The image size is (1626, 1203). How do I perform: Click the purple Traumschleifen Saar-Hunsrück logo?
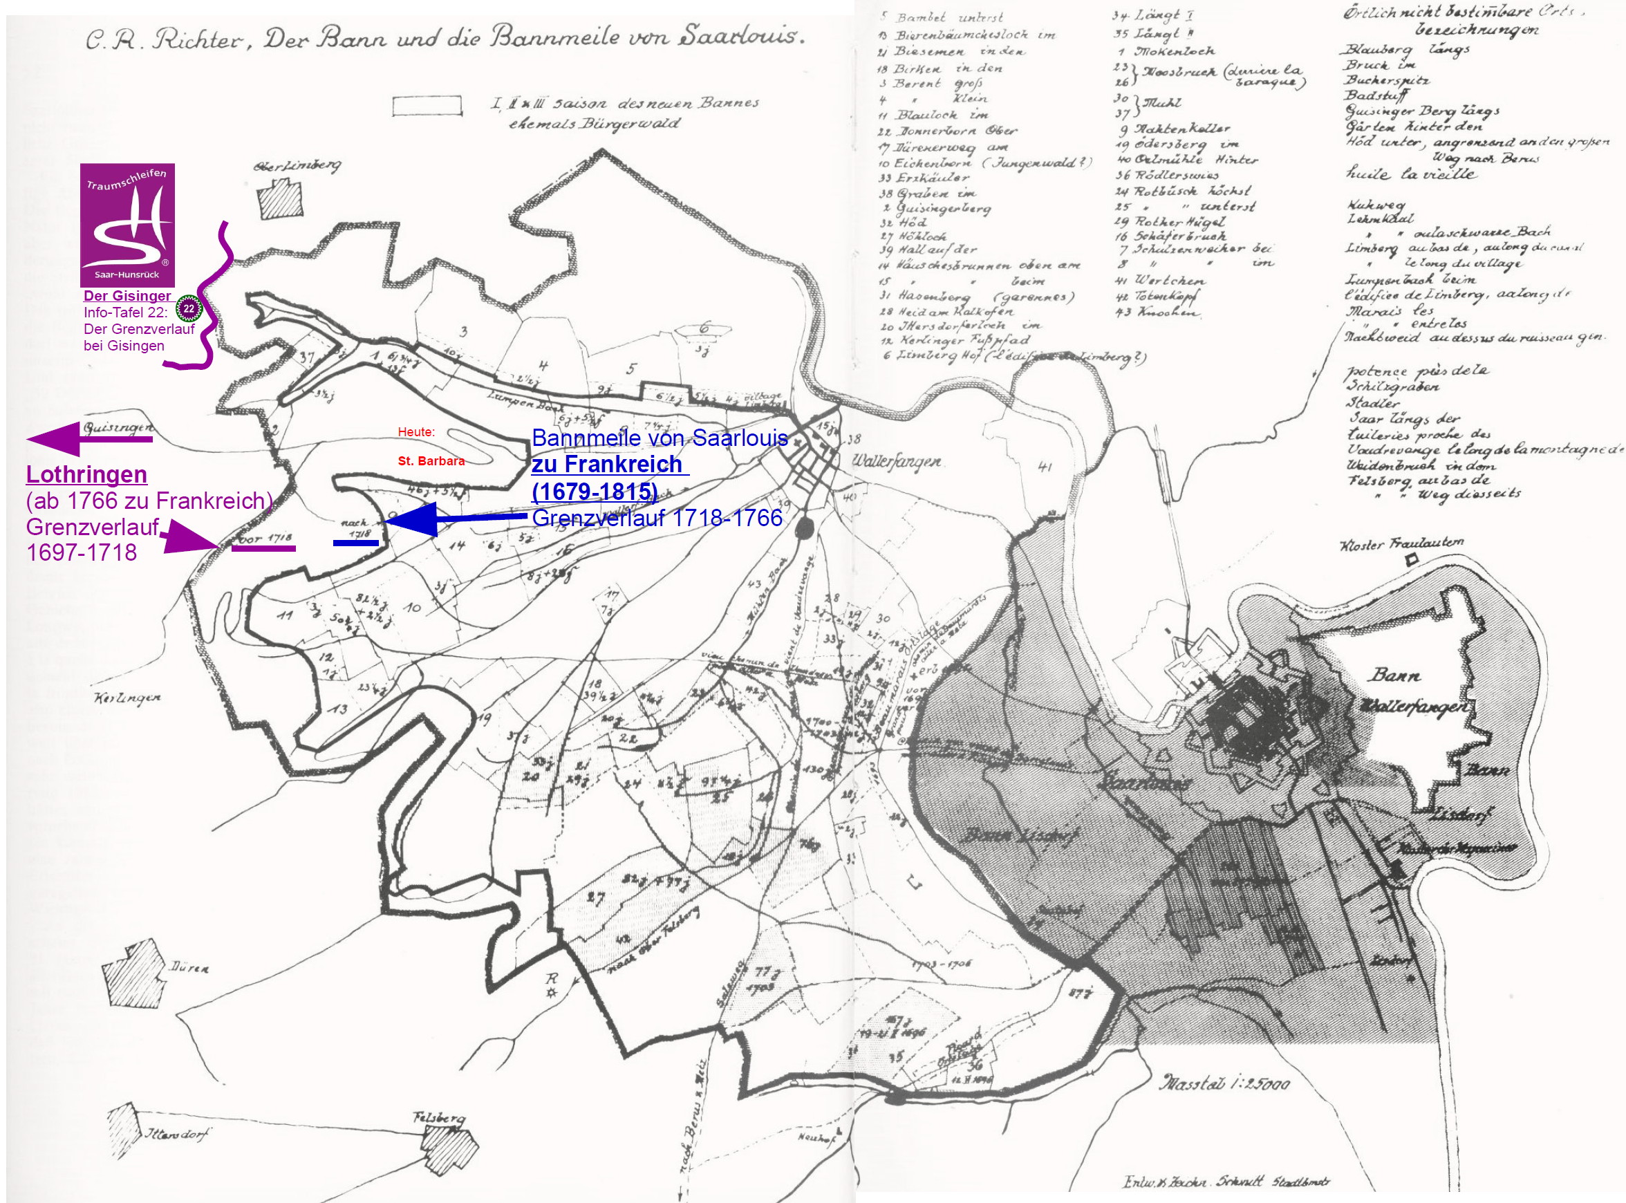[127, 224]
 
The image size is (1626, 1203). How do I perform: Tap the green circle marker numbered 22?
[189, 309]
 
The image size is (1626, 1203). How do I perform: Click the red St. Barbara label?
[431, 461]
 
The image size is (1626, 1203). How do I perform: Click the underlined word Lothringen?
[86, 475]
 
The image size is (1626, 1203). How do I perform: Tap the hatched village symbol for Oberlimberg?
[281, 199]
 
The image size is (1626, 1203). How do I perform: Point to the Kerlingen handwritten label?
[127, 698]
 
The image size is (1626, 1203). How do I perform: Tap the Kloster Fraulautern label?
[1401, 544]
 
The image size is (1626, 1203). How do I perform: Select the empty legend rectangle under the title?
[427, 106]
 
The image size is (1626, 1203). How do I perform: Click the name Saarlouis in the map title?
[740, 37]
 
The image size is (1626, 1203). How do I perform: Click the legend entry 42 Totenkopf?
[1157, 297]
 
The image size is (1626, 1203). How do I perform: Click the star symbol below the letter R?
[551, 994]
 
